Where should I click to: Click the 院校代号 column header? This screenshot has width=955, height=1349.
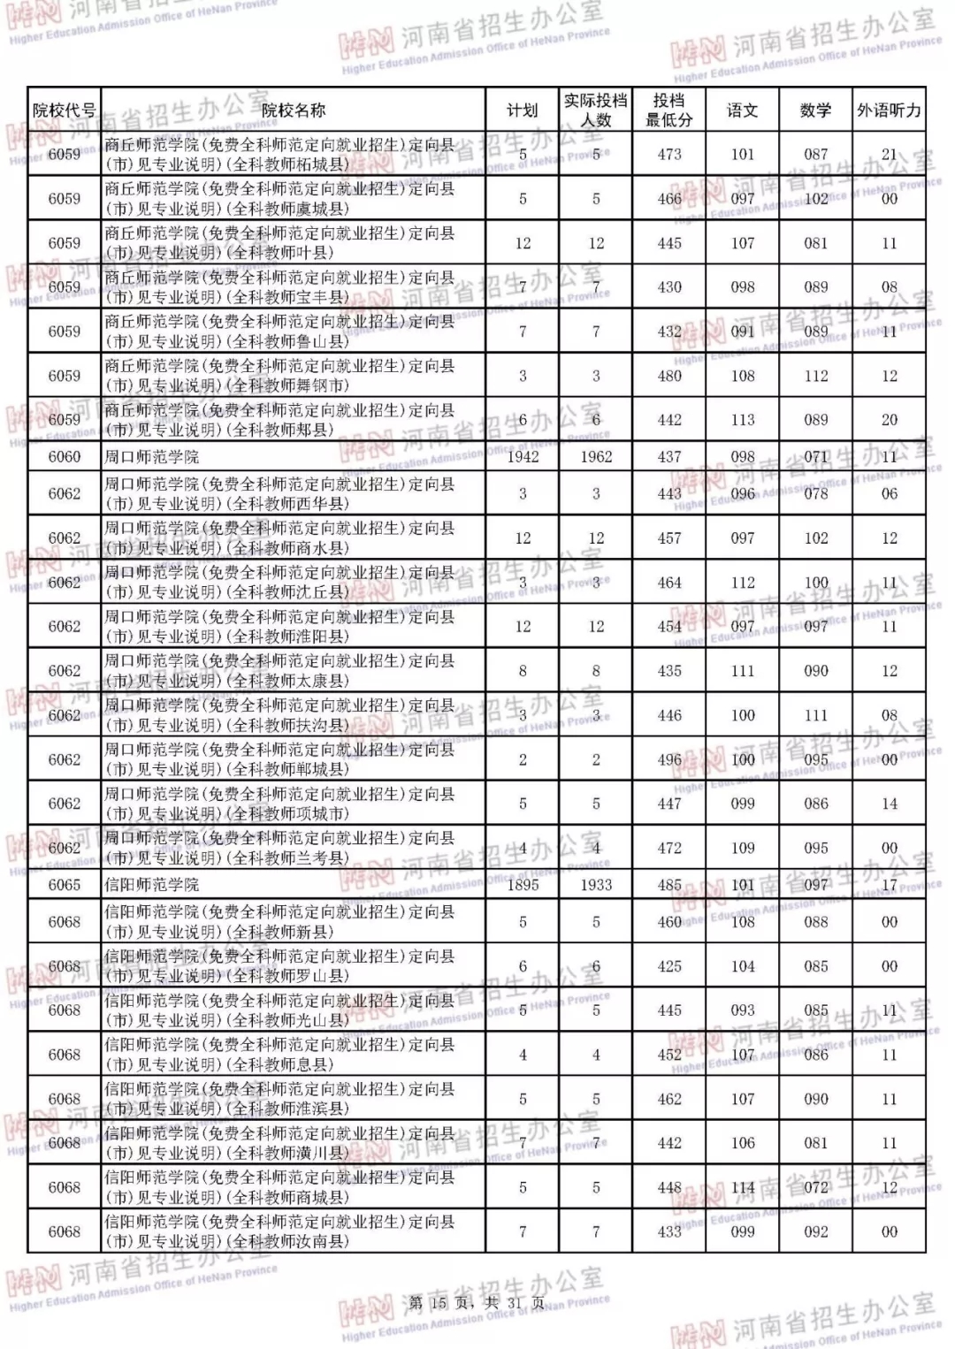64,111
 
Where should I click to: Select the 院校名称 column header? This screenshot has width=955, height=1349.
293,111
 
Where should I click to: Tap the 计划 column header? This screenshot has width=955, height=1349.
522,111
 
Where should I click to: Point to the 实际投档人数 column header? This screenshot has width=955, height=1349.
596,111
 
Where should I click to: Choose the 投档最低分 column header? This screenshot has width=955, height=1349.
669,111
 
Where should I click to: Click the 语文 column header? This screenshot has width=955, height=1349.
743,111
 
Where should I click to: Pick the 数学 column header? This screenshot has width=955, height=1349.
815,111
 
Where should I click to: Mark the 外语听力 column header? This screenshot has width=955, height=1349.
889,111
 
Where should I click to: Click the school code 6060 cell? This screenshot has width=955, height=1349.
64,457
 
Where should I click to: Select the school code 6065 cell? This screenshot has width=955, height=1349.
64,885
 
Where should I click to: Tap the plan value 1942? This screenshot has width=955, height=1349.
522,457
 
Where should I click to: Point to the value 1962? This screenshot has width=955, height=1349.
596,457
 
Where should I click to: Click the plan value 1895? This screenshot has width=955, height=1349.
522,885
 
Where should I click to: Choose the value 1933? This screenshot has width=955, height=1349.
596,885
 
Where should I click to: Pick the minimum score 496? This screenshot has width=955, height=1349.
669,759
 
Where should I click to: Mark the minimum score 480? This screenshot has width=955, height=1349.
669,376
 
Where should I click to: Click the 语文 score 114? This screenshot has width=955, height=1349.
743,1187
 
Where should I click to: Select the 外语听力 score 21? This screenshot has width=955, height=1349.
889,154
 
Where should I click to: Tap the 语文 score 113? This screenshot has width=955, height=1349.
743,420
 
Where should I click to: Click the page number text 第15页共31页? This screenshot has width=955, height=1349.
477,1303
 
